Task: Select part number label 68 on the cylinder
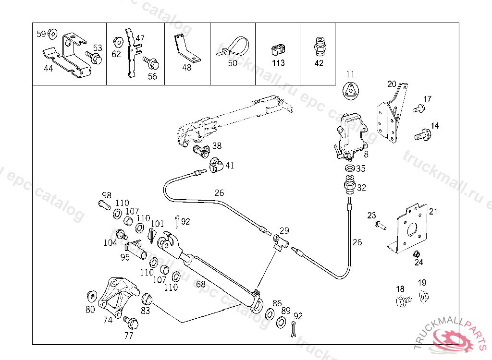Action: coord(201,284)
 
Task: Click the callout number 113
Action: coord(278,63)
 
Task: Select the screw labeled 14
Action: coord(423,134)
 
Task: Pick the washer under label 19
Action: coord(423,297)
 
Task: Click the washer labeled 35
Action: coord(351,169)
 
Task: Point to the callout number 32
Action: coord(361,188)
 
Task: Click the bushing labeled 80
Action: coord(90,295)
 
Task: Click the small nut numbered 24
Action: coord(417,254)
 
